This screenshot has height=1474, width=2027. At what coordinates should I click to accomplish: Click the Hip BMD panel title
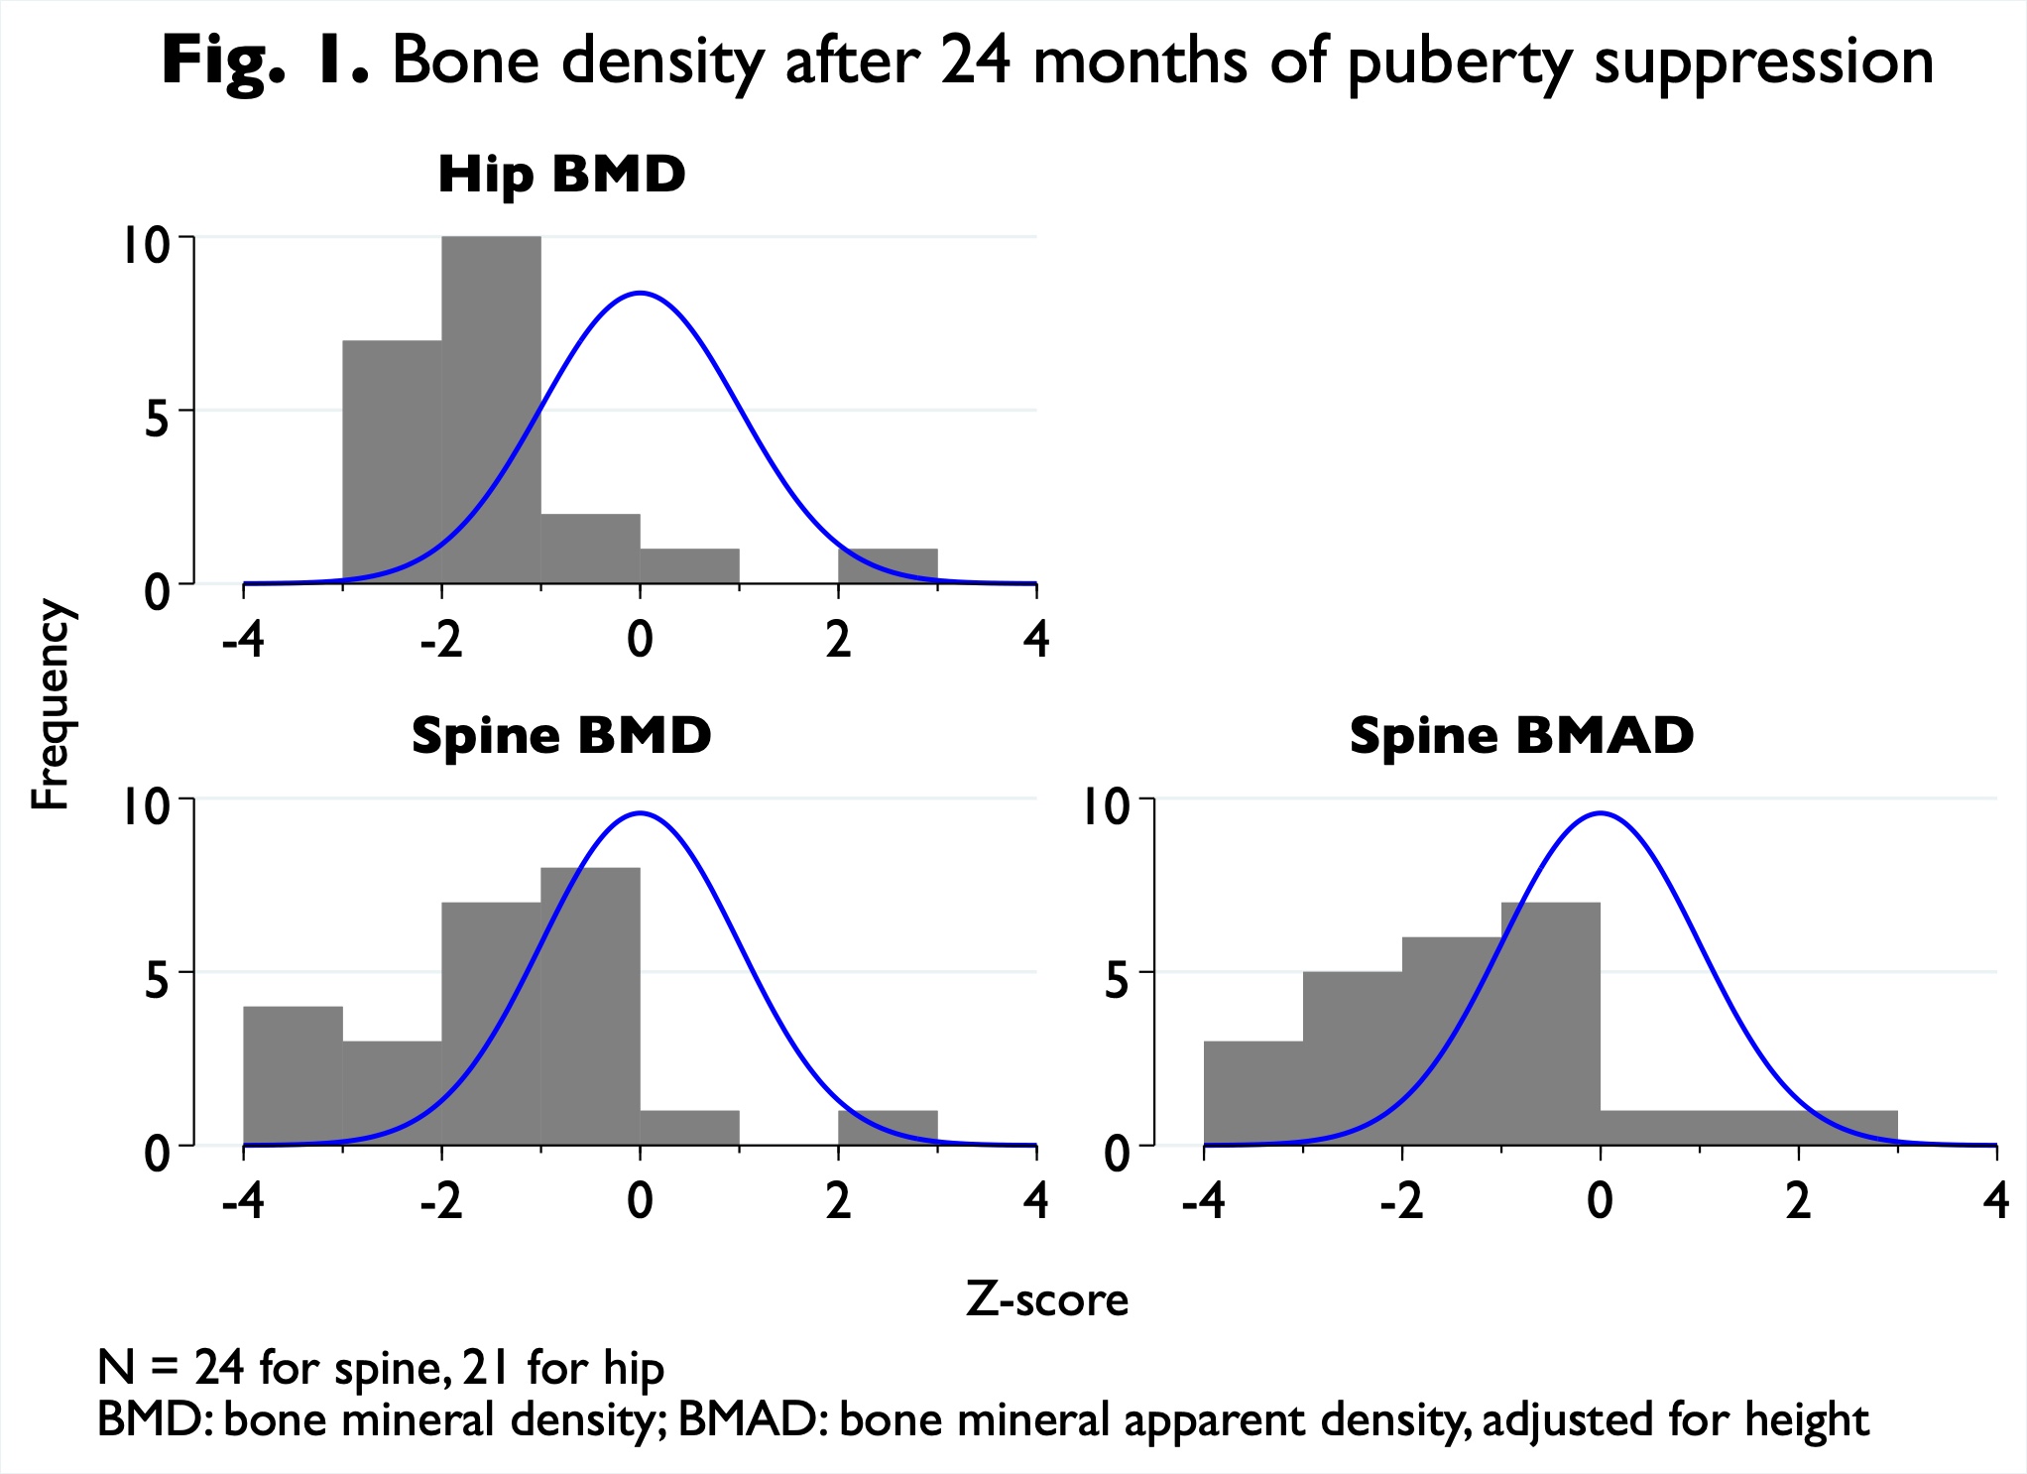561,175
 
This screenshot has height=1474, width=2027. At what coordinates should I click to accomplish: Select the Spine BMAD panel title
1521,736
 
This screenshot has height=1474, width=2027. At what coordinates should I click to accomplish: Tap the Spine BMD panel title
561,736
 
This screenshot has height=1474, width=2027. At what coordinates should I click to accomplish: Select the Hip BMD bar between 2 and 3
888,566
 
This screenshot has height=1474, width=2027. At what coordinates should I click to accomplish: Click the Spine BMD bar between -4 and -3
293,1076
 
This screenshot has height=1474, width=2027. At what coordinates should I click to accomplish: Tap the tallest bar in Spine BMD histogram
590,1007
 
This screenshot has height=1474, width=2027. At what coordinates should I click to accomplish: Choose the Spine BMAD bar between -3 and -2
1353,1058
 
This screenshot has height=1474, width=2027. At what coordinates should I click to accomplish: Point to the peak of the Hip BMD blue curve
641,293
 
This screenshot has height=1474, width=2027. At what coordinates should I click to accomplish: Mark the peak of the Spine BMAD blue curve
1601,813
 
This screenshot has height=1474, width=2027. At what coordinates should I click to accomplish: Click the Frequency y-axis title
50,704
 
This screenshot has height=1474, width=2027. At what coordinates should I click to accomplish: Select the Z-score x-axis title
1047,1299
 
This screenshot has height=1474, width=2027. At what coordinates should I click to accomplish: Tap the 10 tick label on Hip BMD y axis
146,245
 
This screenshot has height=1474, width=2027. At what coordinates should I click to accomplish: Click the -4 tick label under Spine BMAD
1203,1201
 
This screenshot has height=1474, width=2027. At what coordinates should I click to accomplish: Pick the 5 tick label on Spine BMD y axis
158,980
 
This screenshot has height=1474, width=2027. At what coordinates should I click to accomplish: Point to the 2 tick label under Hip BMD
838,640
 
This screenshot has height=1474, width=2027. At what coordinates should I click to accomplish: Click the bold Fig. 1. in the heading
265,61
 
